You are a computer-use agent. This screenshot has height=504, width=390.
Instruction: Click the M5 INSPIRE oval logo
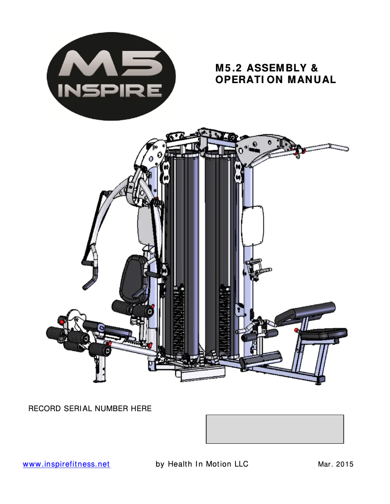coord(111,76)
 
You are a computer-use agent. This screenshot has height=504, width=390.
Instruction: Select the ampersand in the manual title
coord(314,68)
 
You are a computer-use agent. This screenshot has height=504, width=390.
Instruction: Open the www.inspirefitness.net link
coord(66,464)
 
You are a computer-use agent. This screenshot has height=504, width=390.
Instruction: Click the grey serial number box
coord(275,429)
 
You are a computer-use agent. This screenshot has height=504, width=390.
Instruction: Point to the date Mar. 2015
coord(336,464)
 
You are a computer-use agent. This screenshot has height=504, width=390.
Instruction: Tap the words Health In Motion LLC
coord(208,464)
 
